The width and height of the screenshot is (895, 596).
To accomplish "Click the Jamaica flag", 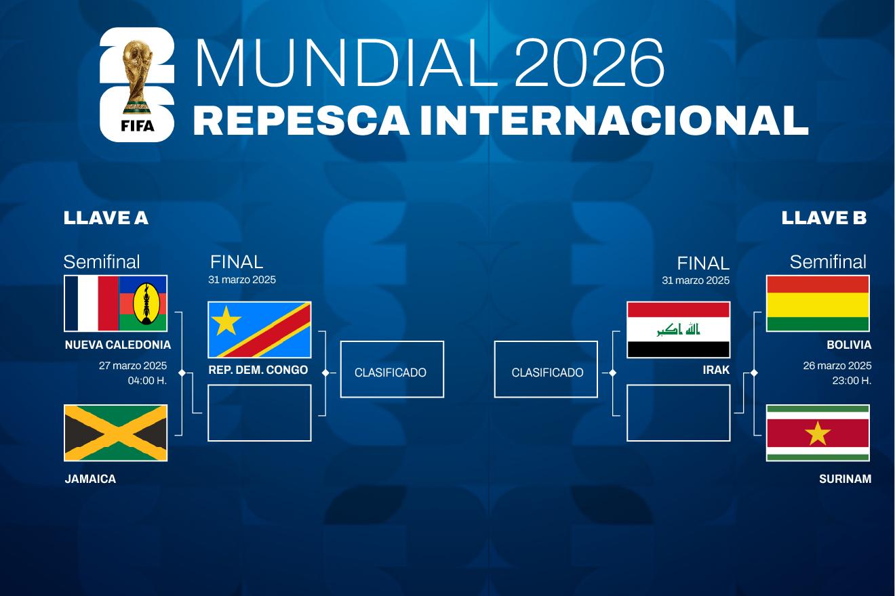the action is click(115, 433).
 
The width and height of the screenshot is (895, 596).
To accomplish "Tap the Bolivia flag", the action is click(818, 303).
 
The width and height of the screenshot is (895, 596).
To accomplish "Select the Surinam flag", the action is click(818, 433).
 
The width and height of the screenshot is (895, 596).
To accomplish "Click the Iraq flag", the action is click(679, 330).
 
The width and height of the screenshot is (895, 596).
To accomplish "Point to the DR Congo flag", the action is click(259, 330).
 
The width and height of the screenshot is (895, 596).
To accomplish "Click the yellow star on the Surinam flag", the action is click(818, 433).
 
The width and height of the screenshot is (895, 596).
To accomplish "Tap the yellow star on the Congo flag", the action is click(226, 320).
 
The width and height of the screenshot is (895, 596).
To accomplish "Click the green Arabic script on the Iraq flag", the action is click(679, 330).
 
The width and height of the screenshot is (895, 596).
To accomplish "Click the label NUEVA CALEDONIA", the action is click(118, 345).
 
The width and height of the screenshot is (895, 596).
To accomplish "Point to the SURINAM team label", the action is click(845, 479).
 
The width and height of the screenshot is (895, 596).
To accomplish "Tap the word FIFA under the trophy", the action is click(138, 126).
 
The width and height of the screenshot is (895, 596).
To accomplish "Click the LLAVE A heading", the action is click(106, 218).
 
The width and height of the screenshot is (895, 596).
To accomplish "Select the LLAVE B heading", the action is click(824, 218).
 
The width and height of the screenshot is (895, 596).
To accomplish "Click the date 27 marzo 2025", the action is click(133, 366).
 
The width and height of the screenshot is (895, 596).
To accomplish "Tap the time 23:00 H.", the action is click(852, 381).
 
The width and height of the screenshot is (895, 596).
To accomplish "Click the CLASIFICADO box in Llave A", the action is click(392, 369).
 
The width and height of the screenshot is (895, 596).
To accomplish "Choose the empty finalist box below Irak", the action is click(679, 412).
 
